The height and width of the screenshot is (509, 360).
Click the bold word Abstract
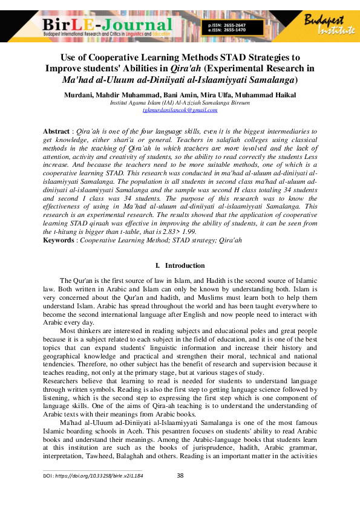tap(56, 131)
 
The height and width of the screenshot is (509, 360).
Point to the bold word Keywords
tap(59, 241)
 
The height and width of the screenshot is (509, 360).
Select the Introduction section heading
tap(185, 265)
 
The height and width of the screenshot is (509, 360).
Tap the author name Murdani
tap(77, 95)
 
